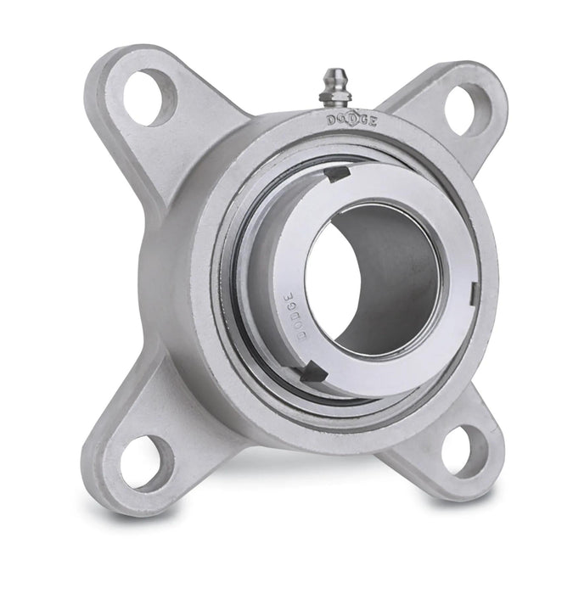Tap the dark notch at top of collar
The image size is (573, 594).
click(x=337, y=174)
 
